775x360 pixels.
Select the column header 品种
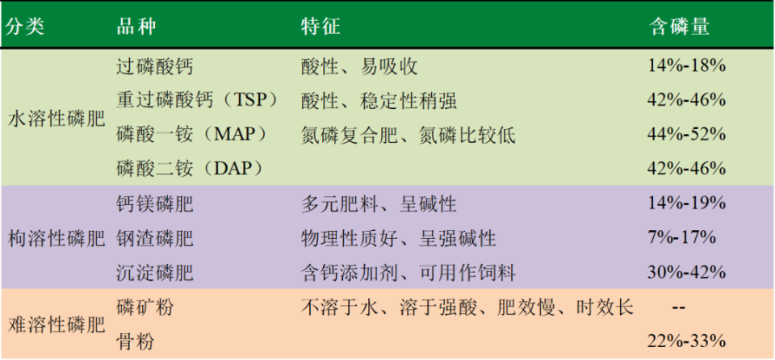coord(136,26)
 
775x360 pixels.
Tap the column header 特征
coord(320,26)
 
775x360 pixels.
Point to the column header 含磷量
coord(680,26)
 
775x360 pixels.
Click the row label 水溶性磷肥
coord(56,118)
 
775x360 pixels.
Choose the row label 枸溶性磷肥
coord(56,238)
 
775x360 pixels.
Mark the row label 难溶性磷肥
coord(56,324)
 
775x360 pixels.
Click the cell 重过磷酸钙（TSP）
coord(197,100)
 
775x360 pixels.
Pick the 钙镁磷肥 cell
coord(155,203)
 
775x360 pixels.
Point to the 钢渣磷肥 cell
coord(155,238)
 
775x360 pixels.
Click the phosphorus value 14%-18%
coord(686,66)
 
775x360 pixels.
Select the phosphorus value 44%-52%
coord(686,134)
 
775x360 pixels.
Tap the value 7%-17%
coord(681,238)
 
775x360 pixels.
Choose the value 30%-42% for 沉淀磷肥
coord(686,273)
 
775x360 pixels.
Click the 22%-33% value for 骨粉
coord(686,341)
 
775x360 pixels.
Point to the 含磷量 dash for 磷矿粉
coord(678,308)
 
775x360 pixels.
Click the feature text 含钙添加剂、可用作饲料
coord(408,273)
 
